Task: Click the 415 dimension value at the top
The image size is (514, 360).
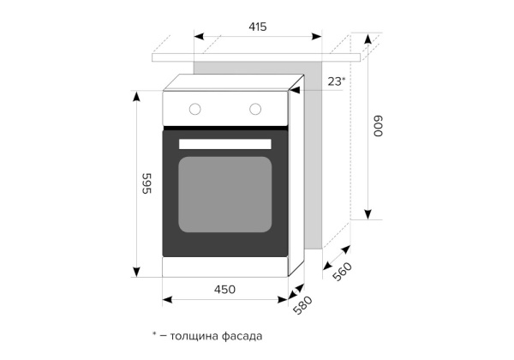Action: (257, 27)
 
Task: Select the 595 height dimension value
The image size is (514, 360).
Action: (146, 183)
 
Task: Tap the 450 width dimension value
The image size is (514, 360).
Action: (224, 290)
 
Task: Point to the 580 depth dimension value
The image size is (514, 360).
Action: (302, 306)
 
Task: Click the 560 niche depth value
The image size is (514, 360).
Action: (342, 271)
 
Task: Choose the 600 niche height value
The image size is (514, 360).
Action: (378, 127)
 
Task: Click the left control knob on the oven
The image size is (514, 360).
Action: (195, 109)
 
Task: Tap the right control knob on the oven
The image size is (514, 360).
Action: (255, 109)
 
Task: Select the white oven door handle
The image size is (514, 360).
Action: (225, 144)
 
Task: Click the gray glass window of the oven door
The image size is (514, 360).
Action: (225, 193)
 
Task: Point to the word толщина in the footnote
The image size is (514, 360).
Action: (192, 336)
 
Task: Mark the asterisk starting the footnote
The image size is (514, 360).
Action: (154, 334)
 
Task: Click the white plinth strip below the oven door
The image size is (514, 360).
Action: (225, 267)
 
